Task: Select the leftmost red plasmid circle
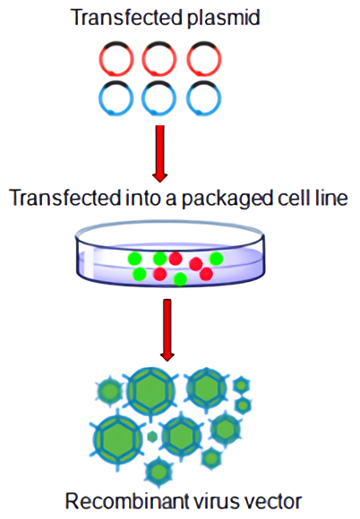[119, 58]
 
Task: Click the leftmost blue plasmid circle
[119, 95]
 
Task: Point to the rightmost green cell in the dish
[216, 259]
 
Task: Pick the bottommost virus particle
[158, 470]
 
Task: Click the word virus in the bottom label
[202, 499]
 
